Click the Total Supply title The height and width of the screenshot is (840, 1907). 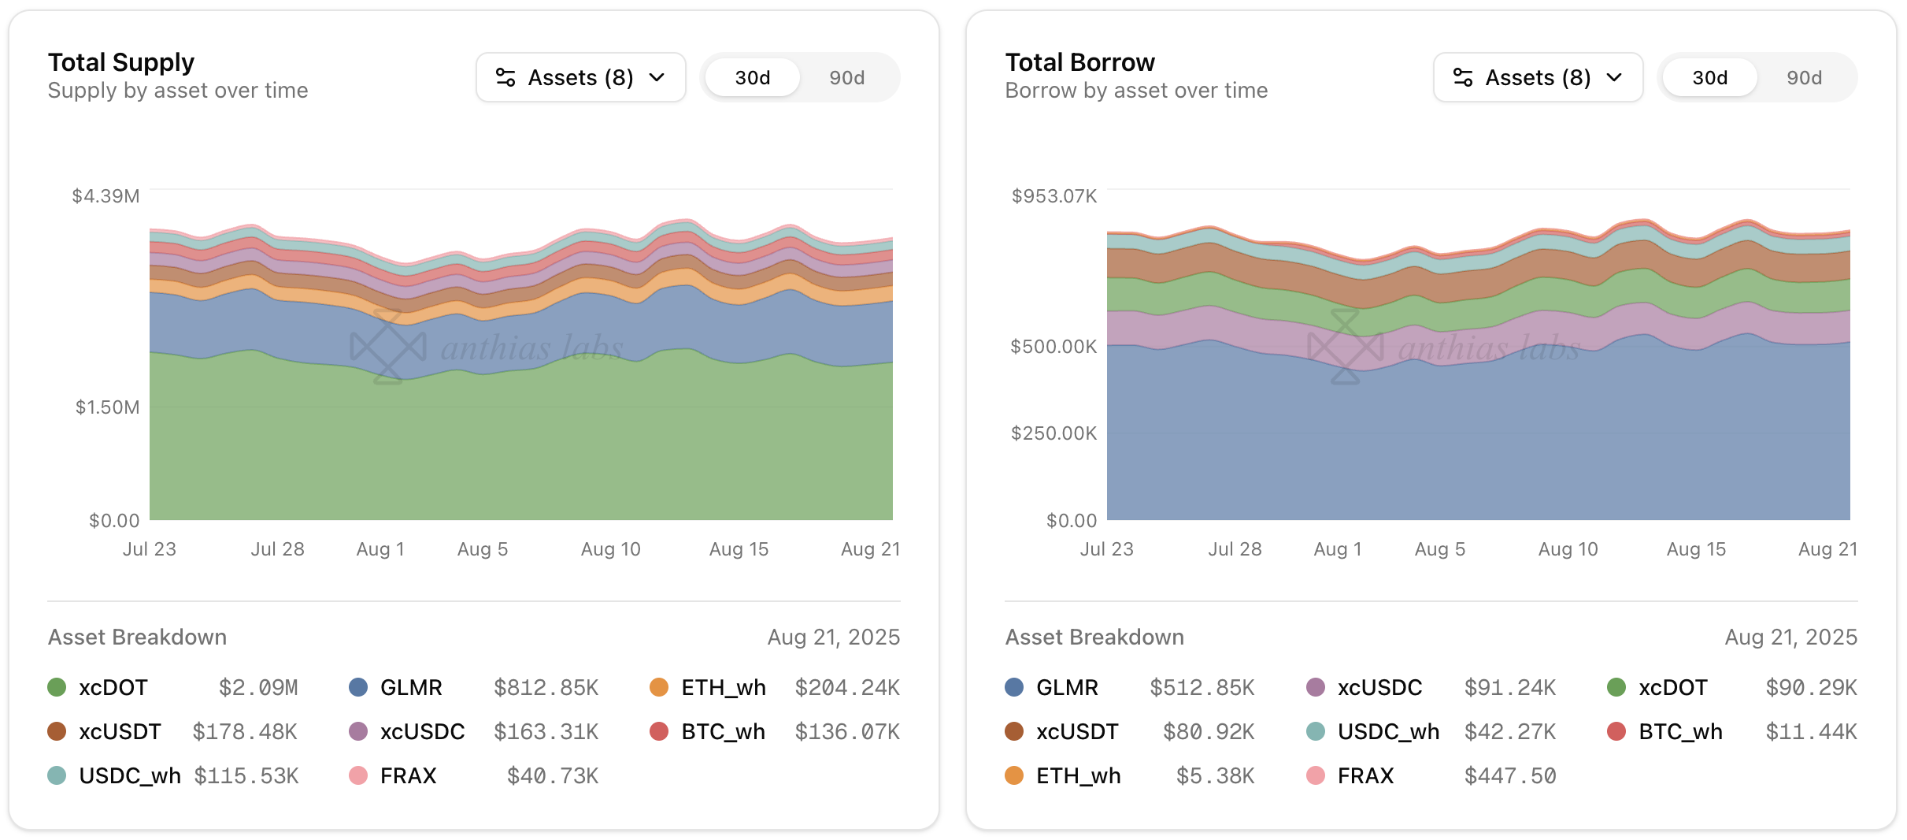click(121, 62)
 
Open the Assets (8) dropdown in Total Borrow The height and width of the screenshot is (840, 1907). click(1537, 77)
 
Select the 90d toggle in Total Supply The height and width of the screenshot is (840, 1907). click(846, 77)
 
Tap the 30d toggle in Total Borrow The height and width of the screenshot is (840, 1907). click(1709, 77)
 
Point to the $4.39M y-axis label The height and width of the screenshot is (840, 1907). click(106, 195)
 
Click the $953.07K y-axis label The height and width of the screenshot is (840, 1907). click(1053, 195)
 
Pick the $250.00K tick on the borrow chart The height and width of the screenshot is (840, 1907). click(1053, 433)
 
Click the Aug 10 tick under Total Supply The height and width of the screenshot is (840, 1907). click(610, 549)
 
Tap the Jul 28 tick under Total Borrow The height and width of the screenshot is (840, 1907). click(1235, 549)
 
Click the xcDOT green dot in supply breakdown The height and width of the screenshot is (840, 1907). click(57, 687)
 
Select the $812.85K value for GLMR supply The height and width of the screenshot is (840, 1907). click(546, 687)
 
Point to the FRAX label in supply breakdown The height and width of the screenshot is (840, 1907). click(408, 775)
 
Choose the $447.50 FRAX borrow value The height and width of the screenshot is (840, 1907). click(1509, 775)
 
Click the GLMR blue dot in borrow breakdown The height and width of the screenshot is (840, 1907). click(1014, 687)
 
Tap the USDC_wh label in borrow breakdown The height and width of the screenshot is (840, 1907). click(1388, 731)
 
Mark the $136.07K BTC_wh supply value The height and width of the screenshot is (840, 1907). click(847, 731)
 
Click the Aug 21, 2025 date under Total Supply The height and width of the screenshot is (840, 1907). click(833, 637)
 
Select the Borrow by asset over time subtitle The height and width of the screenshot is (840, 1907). click(1136, 91)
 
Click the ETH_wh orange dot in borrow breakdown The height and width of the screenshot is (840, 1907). click(1014, 775)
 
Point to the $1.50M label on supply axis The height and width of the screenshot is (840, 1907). click(107, 407)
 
